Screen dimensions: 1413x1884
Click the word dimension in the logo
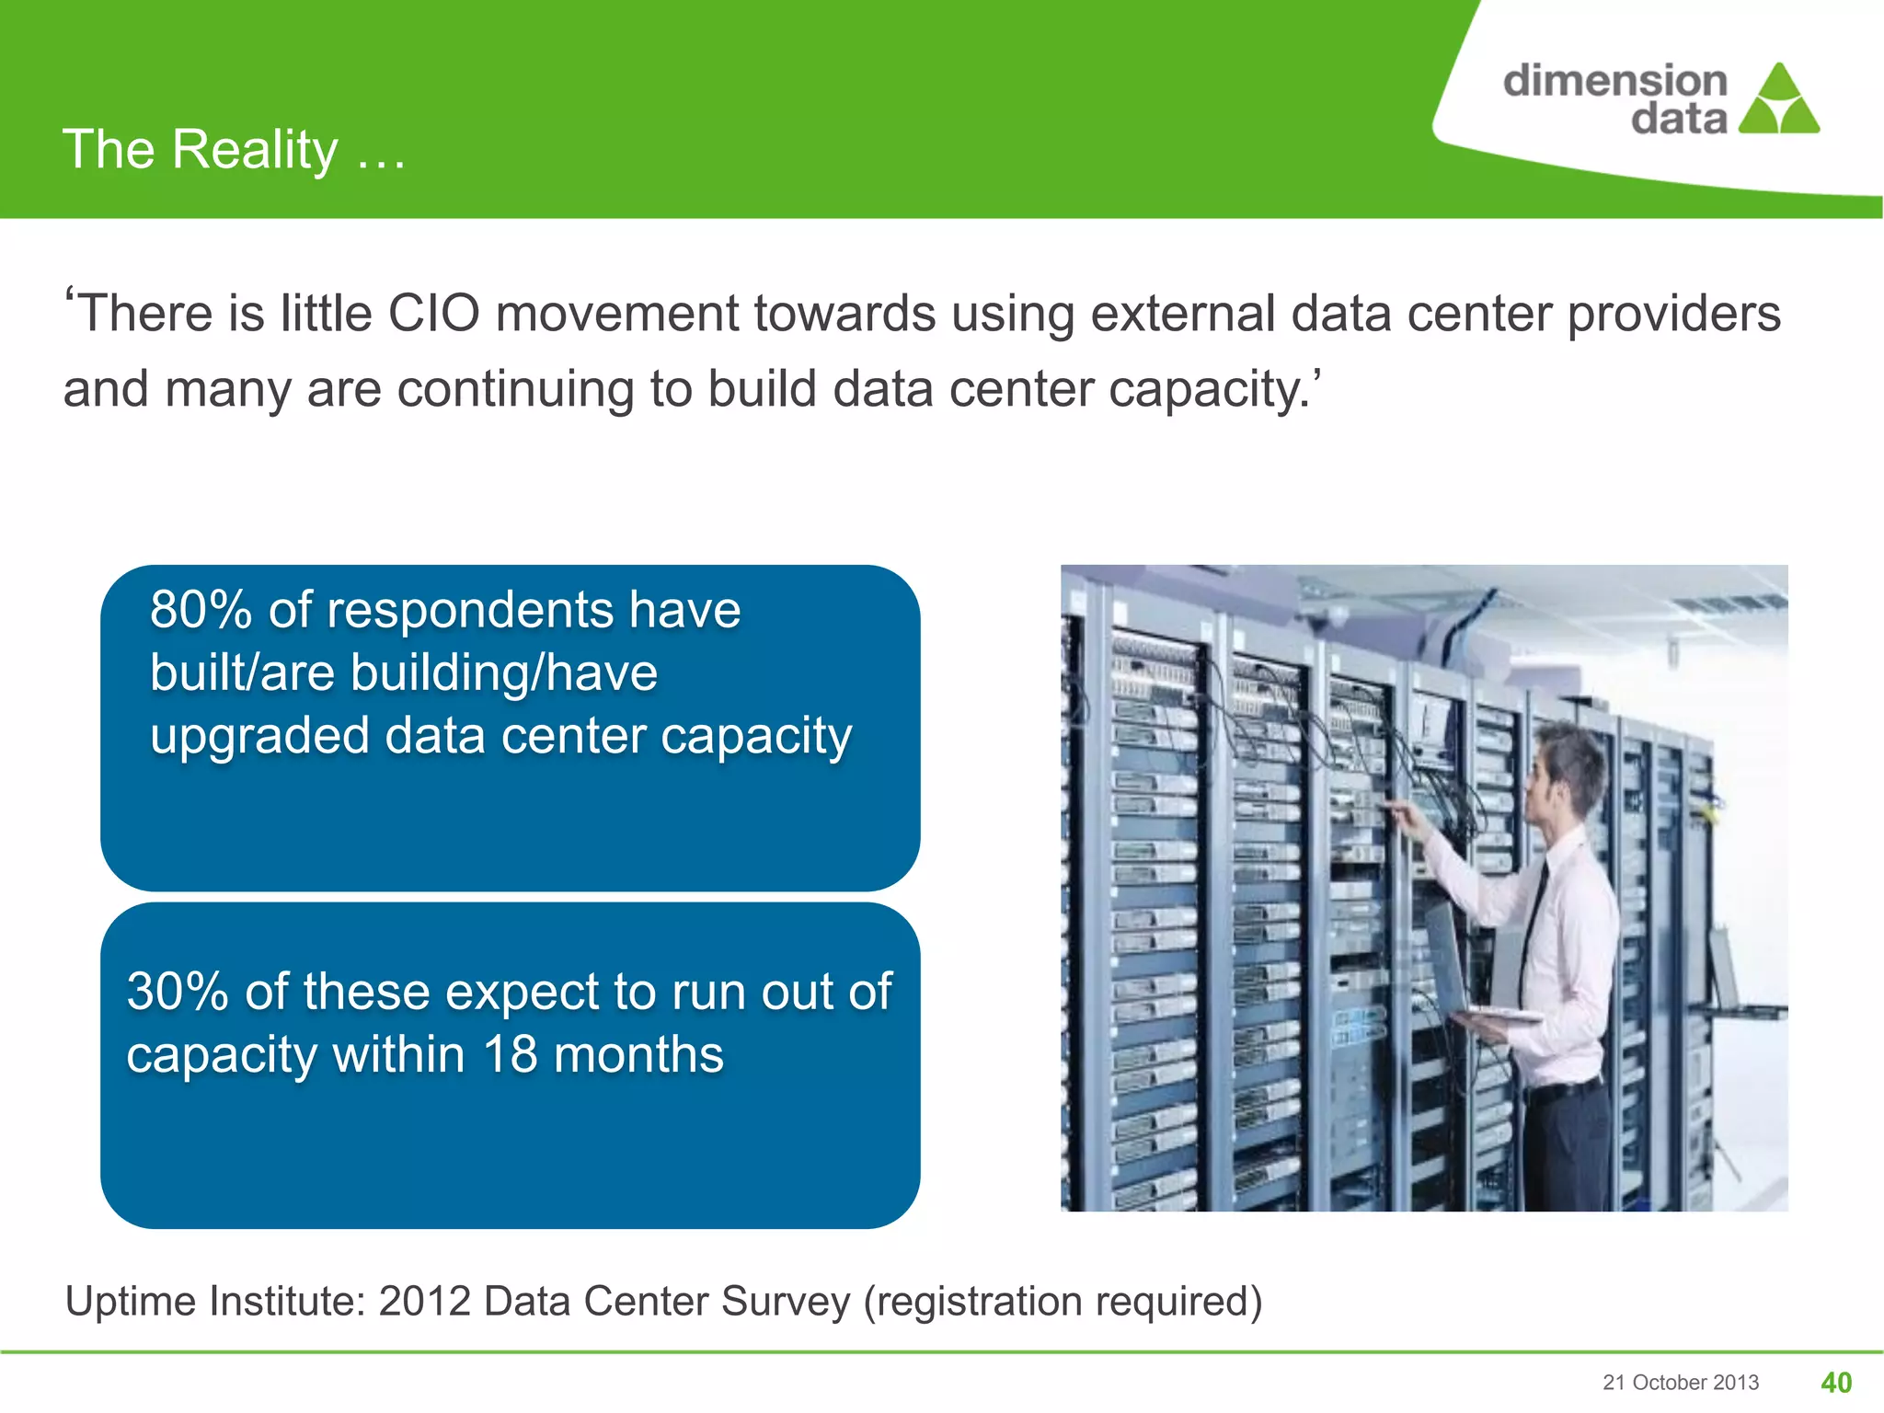[x=1615, y=81]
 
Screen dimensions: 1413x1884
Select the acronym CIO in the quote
[x=433, y=314]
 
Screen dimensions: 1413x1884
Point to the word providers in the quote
[x=1674, y=314]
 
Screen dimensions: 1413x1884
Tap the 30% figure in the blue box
[x=178, y=992]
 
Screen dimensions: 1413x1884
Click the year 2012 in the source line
[x=424, y=1302]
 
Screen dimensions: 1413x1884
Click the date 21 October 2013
[x=1680, y=1383]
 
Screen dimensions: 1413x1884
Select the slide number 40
[x=1836, y=1383]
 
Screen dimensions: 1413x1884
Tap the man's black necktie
[x=1534, y=920]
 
